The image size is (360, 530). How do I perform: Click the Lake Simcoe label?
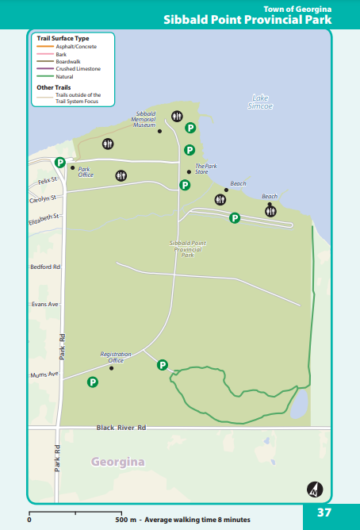click(260, 102)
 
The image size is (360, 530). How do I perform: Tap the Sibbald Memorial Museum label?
click(144, 120)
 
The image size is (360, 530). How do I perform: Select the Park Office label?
click(86, 171)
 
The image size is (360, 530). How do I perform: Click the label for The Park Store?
click(206, 168)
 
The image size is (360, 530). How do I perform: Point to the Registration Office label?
click(116, 357)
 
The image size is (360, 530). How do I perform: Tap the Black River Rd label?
click(121, 428)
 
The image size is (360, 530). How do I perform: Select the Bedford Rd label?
click(45, 267)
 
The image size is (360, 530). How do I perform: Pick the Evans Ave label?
click(44, 304)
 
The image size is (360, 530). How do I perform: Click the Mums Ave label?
click(44, 374)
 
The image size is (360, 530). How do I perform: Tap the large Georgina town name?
click(117, 461)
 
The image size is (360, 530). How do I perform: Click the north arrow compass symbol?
click(315, 490)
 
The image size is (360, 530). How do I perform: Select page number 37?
click(324, 513)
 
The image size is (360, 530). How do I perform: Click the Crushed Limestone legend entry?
click(77, 68)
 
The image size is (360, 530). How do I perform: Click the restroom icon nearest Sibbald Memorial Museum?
click(176, 116)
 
